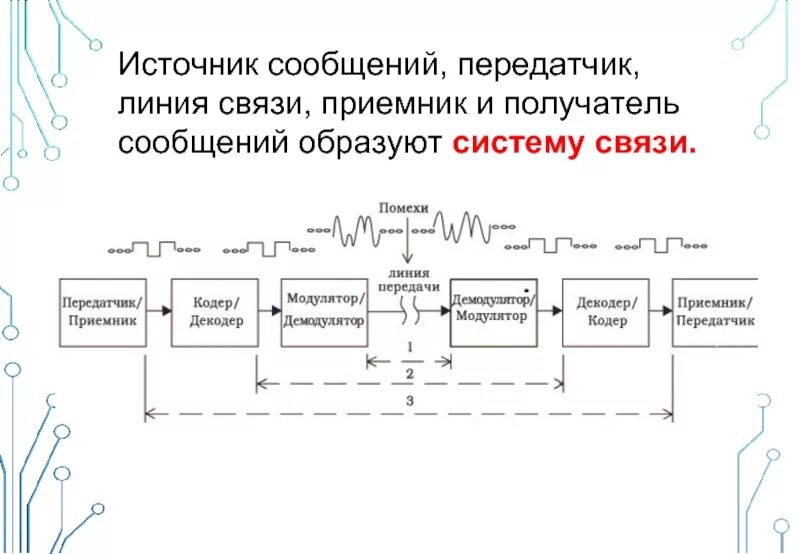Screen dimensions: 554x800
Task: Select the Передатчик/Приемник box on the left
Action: (103, 312)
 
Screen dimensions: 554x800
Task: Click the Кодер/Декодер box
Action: (213, 312)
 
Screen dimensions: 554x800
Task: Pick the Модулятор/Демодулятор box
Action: (324, 312)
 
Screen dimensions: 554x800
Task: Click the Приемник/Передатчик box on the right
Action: (714, 312)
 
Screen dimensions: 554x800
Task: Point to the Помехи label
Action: (404, 207)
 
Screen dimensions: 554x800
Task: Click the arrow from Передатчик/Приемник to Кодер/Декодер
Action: (158, 312)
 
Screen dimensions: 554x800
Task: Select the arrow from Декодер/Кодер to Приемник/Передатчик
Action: (658, 312)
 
